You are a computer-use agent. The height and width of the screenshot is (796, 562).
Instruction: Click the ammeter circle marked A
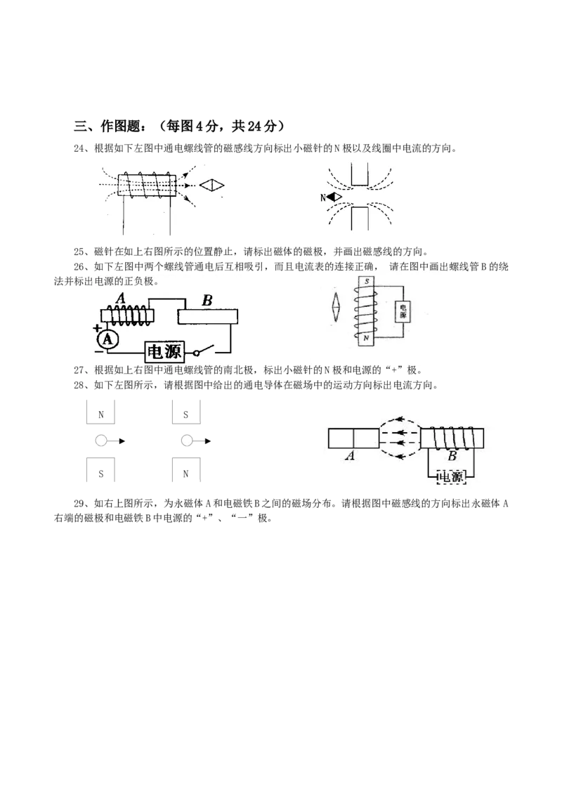tap(107, 339)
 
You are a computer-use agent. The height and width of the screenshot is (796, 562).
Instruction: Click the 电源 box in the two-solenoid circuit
tap(164, 351)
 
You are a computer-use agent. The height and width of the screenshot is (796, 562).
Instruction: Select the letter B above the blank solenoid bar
tap(207, 301)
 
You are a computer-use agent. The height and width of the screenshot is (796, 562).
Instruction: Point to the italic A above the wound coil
tap(120, 298)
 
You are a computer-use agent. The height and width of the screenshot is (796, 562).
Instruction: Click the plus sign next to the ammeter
tap(97, 329)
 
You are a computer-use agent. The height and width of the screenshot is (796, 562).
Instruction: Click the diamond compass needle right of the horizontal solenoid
tap(211, 185)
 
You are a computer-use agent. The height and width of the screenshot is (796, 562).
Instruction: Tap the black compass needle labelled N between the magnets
tap(334, 197)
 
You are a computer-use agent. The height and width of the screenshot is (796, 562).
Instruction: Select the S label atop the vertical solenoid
tap(366, 281)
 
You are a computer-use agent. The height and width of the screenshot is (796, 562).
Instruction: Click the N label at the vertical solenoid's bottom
tap(366, 338)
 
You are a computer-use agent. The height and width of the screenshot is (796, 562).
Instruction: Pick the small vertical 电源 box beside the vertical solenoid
tap(403, 311)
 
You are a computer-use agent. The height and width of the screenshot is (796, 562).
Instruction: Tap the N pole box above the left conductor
tap(100, 412)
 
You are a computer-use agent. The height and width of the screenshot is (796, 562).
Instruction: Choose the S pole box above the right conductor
tap(185, 412)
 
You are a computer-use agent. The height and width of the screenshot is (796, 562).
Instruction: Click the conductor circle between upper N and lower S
tap(101, 441)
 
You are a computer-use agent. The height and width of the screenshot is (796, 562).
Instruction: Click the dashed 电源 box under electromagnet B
tap(451, 476)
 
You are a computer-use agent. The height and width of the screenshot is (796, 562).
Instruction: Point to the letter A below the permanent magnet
tap(350, 456)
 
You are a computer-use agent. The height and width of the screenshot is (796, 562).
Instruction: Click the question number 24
tap(79, 148)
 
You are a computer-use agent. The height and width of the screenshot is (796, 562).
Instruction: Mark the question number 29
tap(79, 503)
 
